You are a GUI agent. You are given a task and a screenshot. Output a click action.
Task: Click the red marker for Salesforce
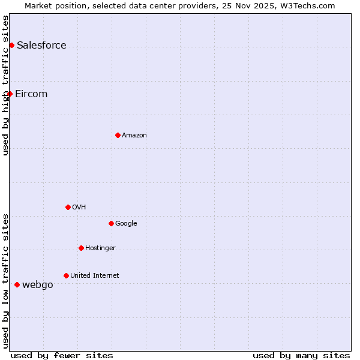coord(11,46)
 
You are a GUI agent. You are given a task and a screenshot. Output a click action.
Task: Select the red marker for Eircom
coord(10,94)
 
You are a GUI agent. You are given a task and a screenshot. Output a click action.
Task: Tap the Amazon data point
coord(118,135)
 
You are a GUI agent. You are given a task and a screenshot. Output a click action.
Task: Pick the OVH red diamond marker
coord(68,207)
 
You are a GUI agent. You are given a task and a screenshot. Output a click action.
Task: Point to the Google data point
coord(111,223)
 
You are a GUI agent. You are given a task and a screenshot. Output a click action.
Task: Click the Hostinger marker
coord(81,248)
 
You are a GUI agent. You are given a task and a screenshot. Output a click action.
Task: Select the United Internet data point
coord(66,275)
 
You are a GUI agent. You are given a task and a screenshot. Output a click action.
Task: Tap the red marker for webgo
coord(17,284)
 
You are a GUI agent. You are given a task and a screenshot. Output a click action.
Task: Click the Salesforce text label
coord(41,46)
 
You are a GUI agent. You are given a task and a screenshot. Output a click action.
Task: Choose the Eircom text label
coord(31,94)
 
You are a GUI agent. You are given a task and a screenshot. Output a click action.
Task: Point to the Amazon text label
coord(134,136)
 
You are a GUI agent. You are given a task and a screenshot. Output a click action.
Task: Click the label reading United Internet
coord(94,276)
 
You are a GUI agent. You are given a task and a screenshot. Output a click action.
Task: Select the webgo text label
coord(37,285)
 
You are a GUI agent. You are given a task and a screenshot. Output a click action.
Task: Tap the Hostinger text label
coord(100,248)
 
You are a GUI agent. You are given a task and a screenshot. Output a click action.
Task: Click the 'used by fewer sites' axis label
coord(62,355)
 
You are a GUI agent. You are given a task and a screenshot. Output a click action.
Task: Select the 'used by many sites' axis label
coord(301,355)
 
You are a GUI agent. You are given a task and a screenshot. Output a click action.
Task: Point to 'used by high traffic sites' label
coord(5,85)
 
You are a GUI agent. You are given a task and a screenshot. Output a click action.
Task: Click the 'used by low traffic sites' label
coord(5,280)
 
